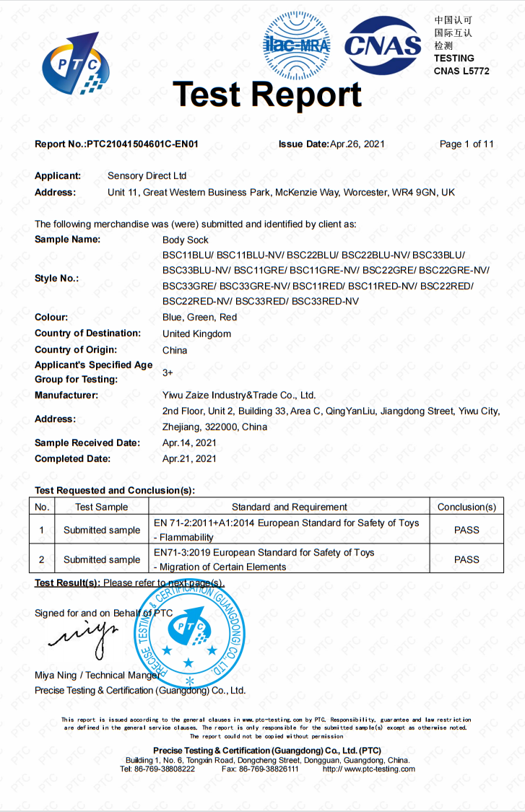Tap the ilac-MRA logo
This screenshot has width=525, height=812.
coord(296,45)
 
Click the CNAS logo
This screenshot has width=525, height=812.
coord(383,45)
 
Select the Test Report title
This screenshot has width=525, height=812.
coord(267,95)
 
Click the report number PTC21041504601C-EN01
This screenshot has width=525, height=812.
coord(142,144)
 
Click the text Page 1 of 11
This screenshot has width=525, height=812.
coord(467,144)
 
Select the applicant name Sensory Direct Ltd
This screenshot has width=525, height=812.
coord(147,176)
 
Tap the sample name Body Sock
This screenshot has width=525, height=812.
coord(186,240)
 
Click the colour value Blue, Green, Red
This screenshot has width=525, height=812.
coord(199,318)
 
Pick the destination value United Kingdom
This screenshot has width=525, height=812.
coord(196,334)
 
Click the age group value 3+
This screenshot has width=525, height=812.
coord(168,372)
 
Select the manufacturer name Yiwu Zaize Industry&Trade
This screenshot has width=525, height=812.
coord(239,396)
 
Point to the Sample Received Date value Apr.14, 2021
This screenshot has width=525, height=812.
coord(189,443)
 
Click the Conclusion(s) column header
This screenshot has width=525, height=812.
coord(467,507)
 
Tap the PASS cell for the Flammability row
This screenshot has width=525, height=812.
coord(467,530)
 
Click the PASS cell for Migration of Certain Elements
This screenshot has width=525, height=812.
coord(467,559)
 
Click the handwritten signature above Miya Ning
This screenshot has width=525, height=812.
coord(84,635)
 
